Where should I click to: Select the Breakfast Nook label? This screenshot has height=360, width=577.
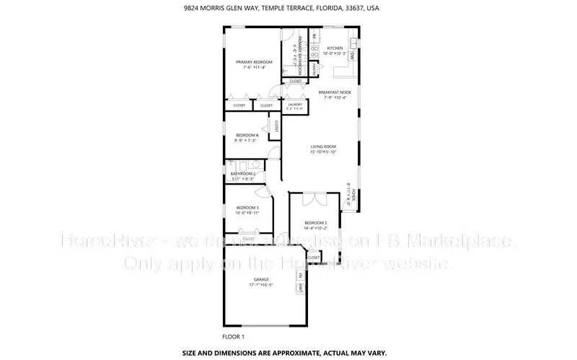(x=335, y=92)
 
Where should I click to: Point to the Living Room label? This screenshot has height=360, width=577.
(x=324, y=146)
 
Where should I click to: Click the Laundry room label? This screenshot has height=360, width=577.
(x=295, y=105)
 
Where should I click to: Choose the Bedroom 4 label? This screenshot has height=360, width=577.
(x=247, y=135)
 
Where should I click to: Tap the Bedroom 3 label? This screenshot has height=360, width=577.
(x=247, y=208)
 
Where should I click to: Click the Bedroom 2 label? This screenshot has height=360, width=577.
(x=316, y=222)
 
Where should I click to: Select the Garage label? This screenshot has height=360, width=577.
(x=261, y=278)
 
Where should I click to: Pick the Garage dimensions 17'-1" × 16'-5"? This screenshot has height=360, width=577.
(x=261, y=285)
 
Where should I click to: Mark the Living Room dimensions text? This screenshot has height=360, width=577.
(x=324, y=152)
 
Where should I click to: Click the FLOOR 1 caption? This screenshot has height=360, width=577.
(x=234, y=337)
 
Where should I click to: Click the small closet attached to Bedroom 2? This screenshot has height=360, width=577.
(x=314, y=257)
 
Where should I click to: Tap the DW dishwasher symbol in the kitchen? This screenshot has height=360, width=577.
(x=352, y=56)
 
